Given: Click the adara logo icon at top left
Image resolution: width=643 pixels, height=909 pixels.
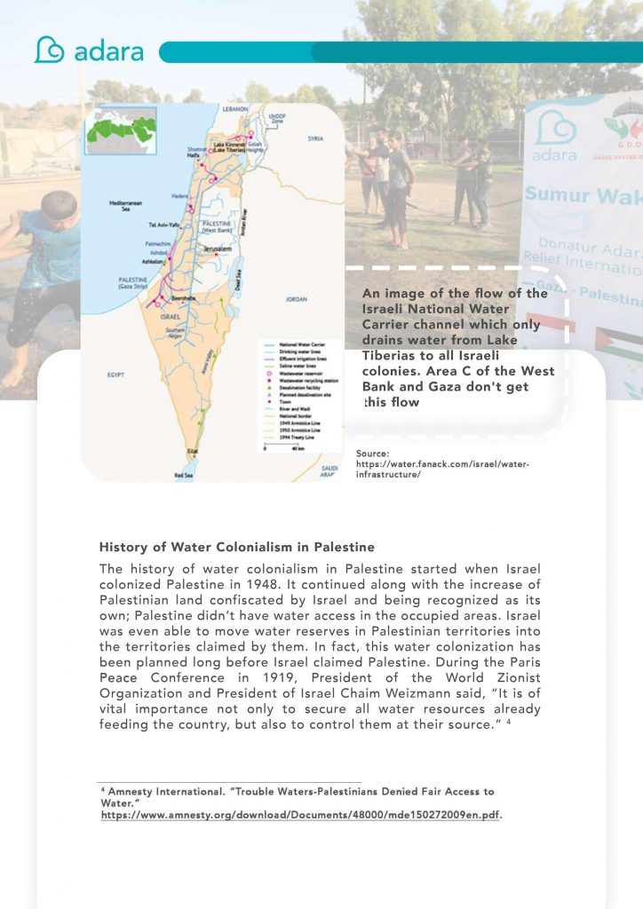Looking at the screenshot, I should pyautogui.click(x=49, y=50).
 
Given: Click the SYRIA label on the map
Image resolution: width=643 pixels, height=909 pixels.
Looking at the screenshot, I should pyautogui.click(x=315, y=139).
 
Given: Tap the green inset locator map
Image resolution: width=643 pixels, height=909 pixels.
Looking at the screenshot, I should pyautogui.click(x=121, y=131).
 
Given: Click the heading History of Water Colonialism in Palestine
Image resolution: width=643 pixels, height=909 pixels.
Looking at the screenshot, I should pyautogui.click(x=236, y=547).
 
